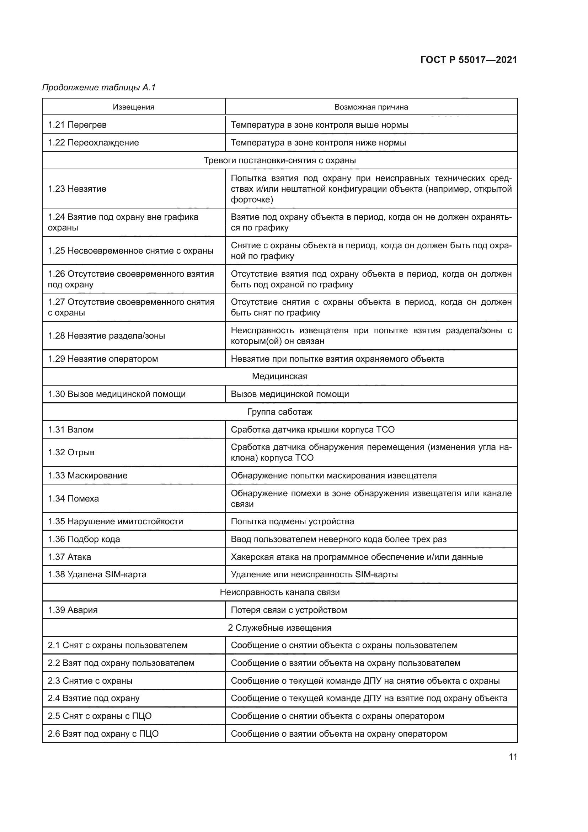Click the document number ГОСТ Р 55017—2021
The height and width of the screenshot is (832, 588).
click(x=469, y=60)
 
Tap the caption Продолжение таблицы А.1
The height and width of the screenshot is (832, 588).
click(x=99, y=88)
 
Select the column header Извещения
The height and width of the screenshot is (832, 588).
click(x=134, y=107)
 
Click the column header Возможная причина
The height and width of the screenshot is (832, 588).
click(x=371, y=107)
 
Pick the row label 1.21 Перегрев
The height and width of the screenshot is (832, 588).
click(x=77, y=125)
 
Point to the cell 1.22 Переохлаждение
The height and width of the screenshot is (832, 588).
click(x=93, y=142)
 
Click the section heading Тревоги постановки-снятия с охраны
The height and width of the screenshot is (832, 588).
click(x=279, y=160)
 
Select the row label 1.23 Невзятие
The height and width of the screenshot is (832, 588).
click(x=77, y=189)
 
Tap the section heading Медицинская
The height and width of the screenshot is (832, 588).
click(x=279, y=376)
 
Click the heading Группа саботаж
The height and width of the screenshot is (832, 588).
click(x=279, y=412)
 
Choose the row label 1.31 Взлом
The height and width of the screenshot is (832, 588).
click(x=71, y=429)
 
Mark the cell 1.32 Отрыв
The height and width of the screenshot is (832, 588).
click(x=71, y=452)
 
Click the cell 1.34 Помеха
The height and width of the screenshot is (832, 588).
click(x=73, y=499)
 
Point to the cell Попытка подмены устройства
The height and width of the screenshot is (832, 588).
click(x=292, y=521)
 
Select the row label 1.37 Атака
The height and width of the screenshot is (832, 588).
click(x=69, y=557)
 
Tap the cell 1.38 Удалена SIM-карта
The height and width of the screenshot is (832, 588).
click(x=97, y=574)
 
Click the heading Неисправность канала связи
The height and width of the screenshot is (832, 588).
click(x=279, y=592)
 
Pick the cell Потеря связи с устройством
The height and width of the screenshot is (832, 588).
click(x=289, y=610)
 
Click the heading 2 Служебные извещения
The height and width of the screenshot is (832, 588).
click(x=279, y=627)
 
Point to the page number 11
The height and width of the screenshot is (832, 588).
click(x=513, y=757)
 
